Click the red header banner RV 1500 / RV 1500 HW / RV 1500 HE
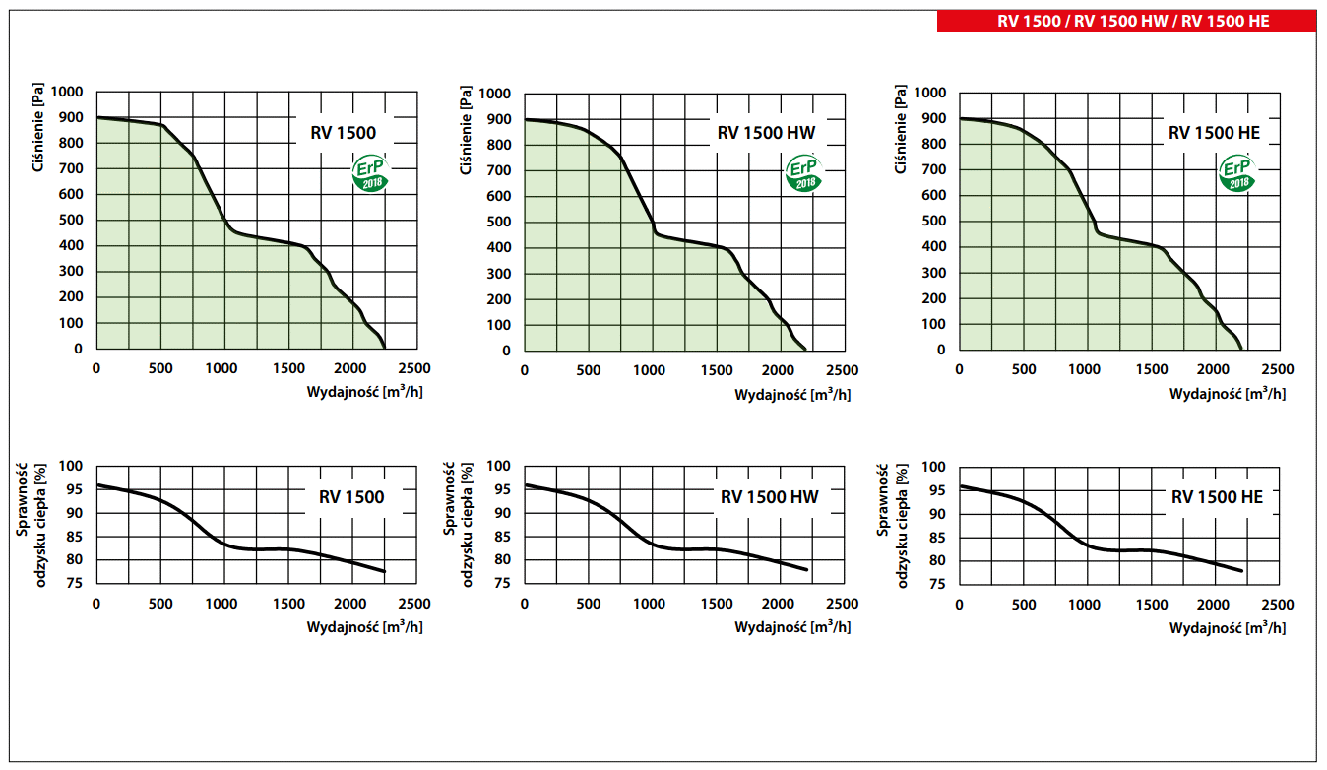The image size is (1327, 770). coord(1127,21)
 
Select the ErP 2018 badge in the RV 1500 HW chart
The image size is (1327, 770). coord(803,175)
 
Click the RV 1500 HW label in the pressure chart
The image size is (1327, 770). coord(766,134)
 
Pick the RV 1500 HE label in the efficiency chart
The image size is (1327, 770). coord(1217,497)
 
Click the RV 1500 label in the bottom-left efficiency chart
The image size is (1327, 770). coord(351,497)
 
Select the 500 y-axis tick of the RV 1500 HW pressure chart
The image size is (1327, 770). coord(499,222)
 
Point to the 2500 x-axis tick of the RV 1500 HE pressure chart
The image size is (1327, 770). coord(1277,369)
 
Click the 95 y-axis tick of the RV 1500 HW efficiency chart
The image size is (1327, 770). coord(502,489)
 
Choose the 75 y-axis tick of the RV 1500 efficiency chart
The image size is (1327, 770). coord(75,583)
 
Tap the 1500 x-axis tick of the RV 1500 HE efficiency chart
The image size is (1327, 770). coord(1150,604)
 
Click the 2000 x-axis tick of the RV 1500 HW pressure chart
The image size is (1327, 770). coord(778,370)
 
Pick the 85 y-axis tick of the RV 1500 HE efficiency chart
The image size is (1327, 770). coord(937,537)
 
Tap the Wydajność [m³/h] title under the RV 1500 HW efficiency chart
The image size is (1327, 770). coord(792,627)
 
